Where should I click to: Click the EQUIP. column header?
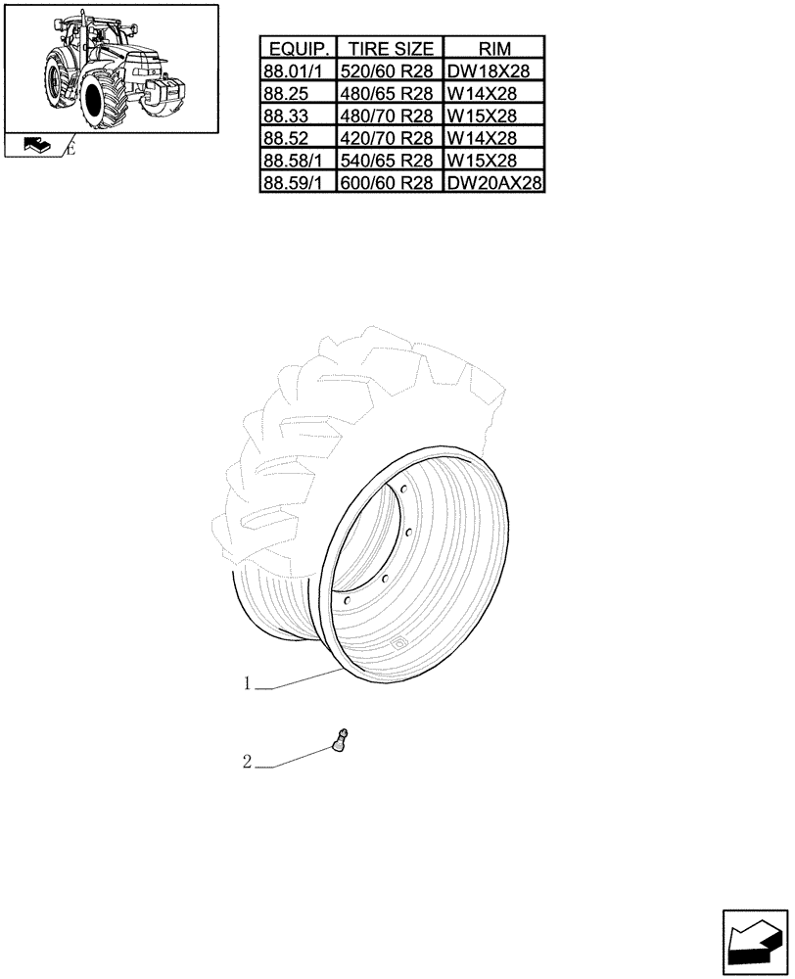(299, 49)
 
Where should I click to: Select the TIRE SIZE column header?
(390, 49)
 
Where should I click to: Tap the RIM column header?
(494, 49)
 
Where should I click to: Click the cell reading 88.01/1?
(299, 71)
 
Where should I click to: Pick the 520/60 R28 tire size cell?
(390, 71)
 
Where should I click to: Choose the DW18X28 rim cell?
(494, 71)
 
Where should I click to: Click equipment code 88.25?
(299, 94)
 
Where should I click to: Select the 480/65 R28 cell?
(390, 94)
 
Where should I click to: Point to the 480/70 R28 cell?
(390, 117)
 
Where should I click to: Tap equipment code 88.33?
(299, 117)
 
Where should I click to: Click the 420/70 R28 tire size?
(390, 138)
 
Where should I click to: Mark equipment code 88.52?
(299, 138)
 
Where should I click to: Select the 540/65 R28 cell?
(390, 161)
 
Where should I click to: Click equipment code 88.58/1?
(299, 161)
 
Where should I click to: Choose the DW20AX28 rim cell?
(494, 183)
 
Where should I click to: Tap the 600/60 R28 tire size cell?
(390, 183)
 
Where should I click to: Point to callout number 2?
(248, 762)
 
